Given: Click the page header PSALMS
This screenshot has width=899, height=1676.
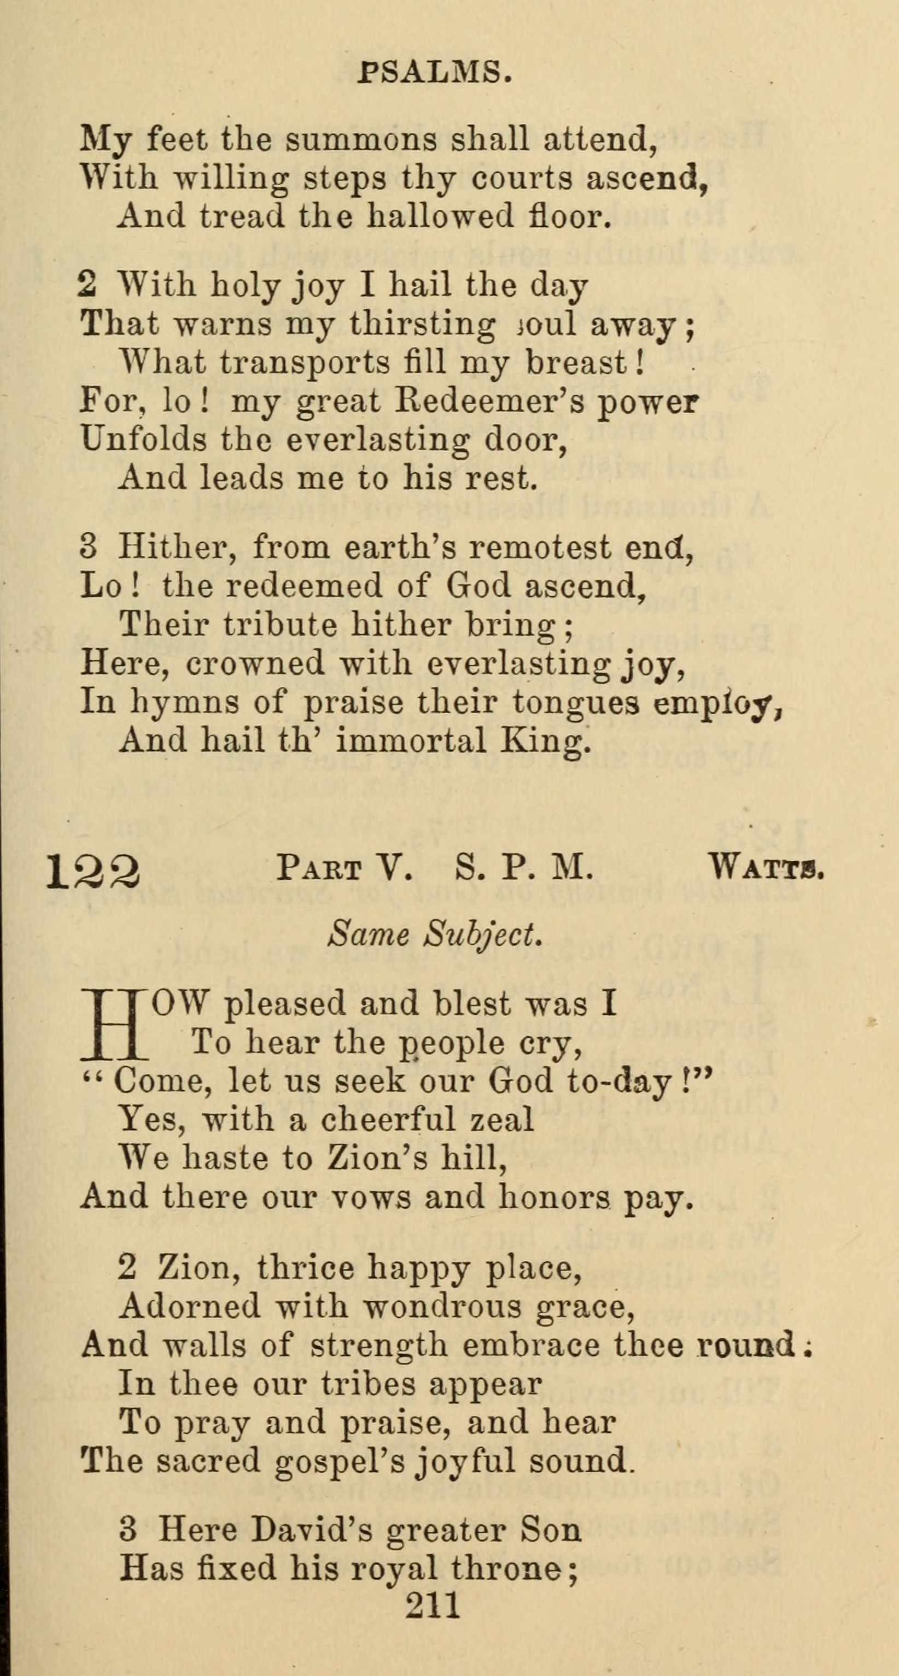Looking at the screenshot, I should [x=434, y=72].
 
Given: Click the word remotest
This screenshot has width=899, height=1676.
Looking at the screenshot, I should [x=541, y=547].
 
